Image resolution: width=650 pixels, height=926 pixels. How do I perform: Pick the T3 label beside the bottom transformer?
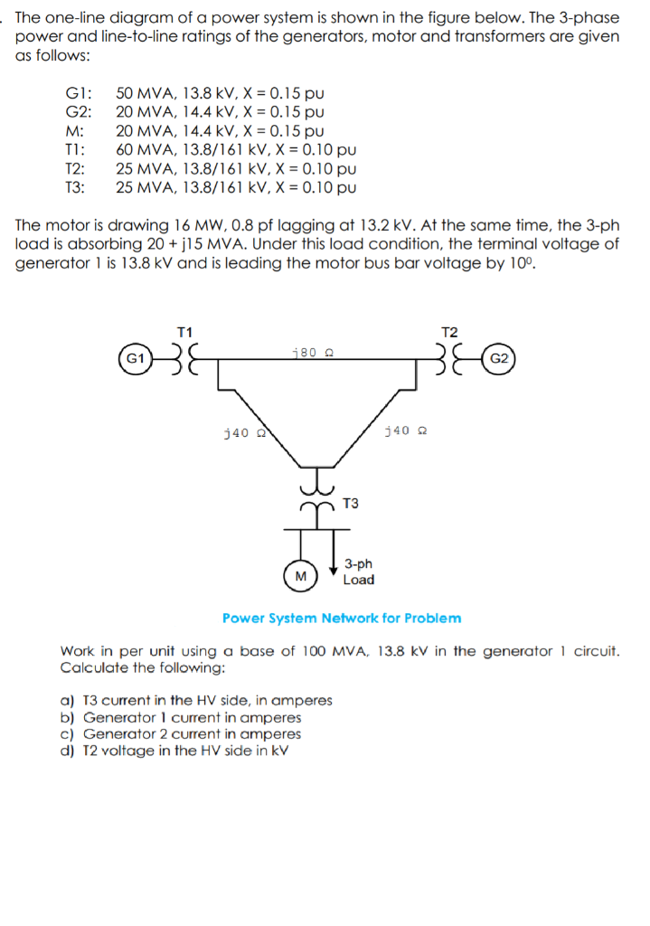click(351, 503)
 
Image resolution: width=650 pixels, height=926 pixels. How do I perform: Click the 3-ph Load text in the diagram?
click(359, 572)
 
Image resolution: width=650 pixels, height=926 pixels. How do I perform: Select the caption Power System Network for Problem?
click(342, 619)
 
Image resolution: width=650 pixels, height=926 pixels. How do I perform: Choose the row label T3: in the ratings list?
click(75, 188)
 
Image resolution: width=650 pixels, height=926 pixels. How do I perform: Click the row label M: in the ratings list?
click(75, 131)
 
